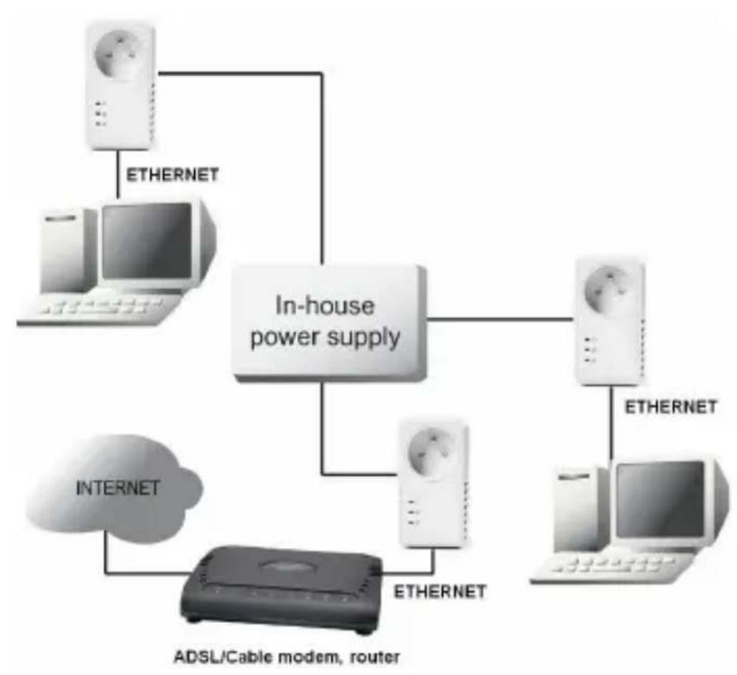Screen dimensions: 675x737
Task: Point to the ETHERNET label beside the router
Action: pos(440,592)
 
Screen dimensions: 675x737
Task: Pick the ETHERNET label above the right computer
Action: pos(671,407)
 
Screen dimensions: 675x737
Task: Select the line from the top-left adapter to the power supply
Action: pos(321,160)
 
